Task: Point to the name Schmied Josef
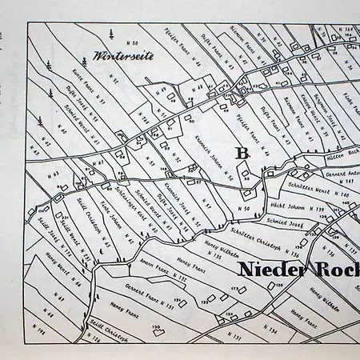285,222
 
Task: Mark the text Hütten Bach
341,158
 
